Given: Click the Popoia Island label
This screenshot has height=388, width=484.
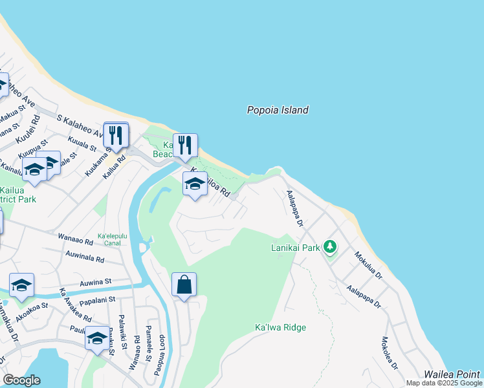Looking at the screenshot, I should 278,110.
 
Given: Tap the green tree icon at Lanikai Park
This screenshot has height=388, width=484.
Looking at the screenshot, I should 331,246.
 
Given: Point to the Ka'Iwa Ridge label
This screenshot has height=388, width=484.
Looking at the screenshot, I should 280,327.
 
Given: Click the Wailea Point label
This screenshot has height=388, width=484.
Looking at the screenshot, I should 452,374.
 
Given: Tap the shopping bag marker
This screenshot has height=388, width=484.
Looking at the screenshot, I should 184,285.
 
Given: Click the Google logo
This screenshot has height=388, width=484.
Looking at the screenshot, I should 21,380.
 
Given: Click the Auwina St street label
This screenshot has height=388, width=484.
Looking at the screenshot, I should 96,282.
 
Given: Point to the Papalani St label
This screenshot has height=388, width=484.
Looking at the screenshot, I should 96,301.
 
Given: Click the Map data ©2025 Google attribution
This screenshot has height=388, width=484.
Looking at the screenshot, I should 443,383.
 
